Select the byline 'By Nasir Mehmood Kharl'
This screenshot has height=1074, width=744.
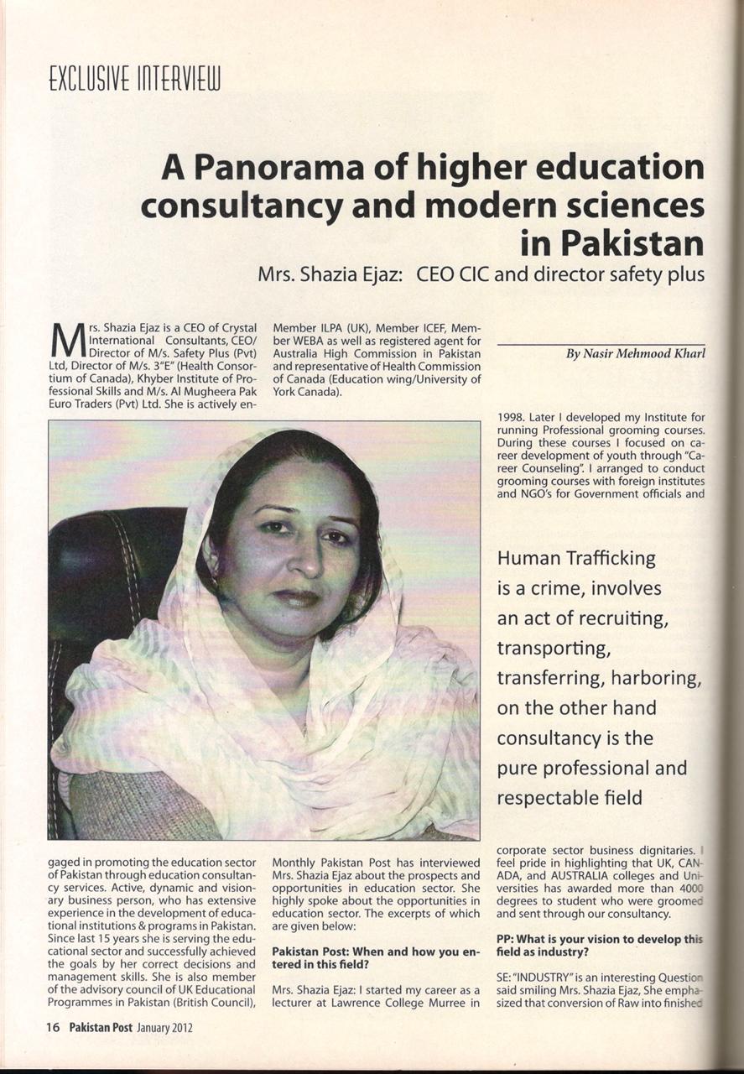point(635,355)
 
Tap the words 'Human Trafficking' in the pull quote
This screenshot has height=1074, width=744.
point(576,557)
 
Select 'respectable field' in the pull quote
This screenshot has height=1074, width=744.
point(570,798)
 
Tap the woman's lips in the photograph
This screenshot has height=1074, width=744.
point(296,597)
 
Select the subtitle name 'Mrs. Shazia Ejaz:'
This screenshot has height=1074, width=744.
point(331,275)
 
